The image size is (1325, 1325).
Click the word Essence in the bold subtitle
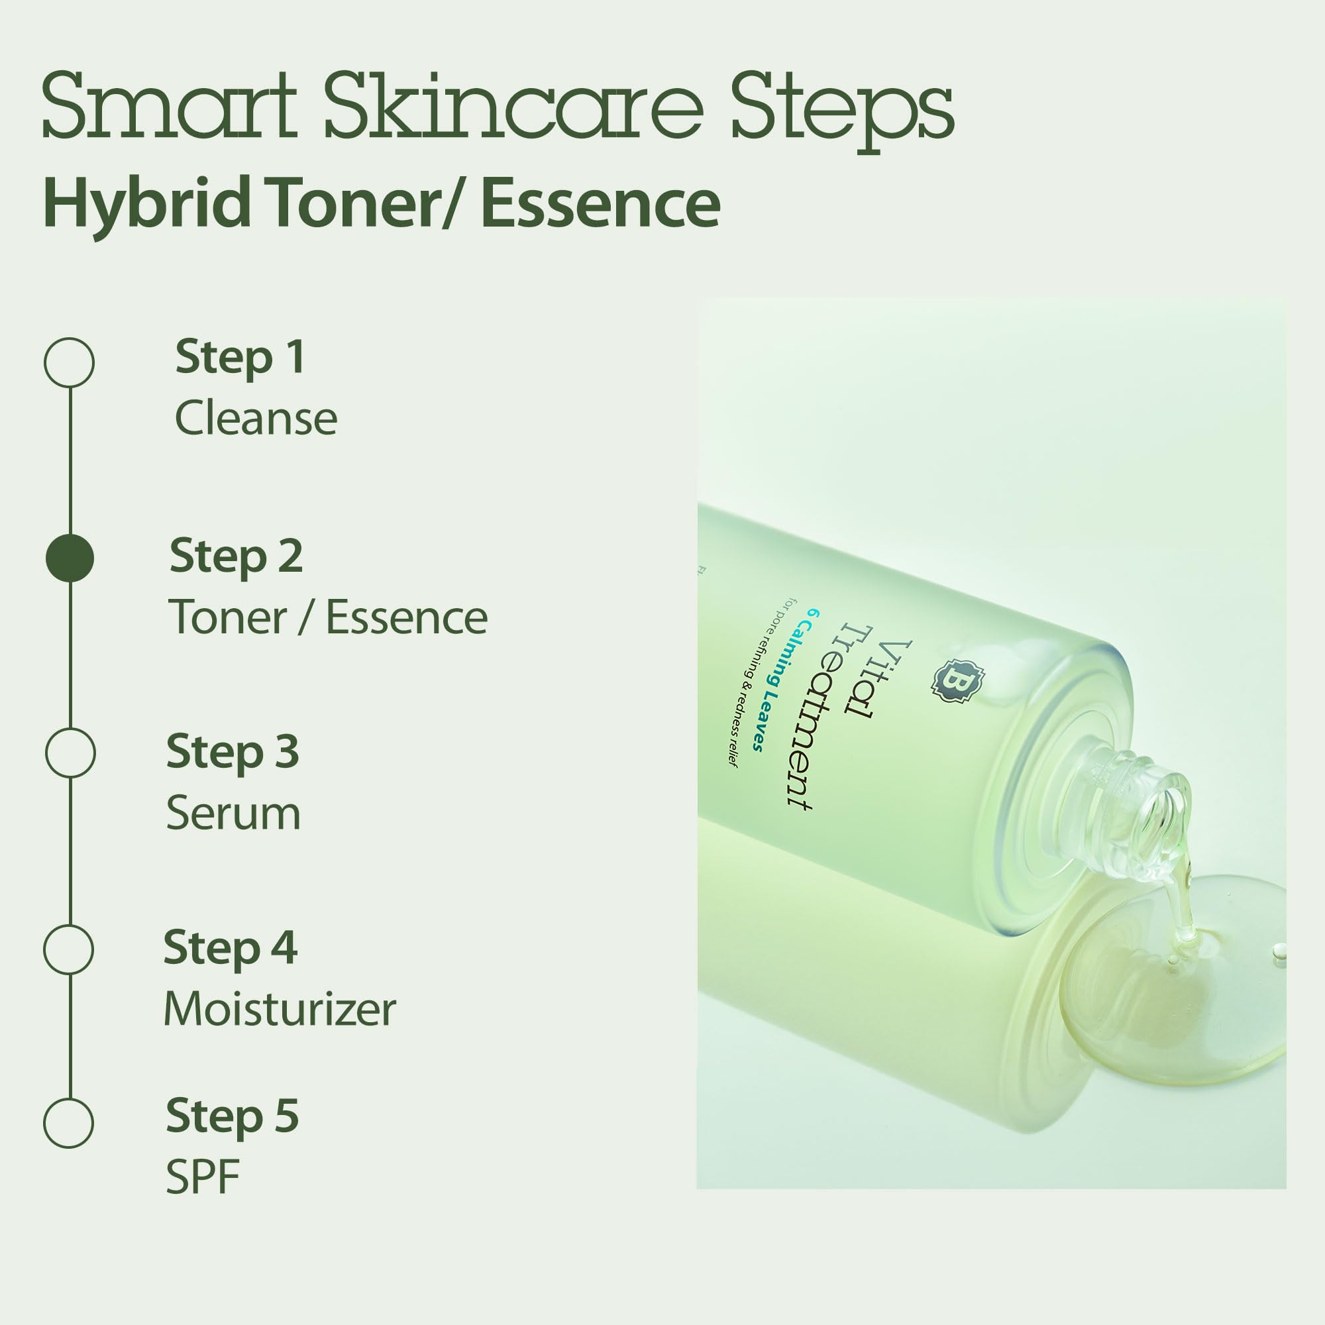[600, 203]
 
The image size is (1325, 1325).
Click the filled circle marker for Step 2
[70, 558]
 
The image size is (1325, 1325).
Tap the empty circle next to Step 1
[70, 362]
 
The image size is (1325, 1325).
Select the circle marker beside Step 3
[70, 753]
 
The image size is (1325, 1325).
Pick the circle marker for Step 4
[69, 949]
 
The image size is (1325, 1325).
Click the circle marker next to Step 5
[69, 1124]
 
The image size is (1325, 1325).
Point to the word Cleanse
[256, 418]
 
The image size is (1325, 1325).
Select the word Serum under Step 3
[233, 814]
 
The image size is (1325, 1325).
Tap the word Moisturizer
[280, 1010]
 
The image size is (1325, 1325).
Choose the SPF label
[202, 1177]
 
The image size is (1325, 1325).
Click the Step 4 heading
[231, 949]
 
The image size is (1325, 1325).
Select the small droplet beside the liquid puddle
[1279, 951]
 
